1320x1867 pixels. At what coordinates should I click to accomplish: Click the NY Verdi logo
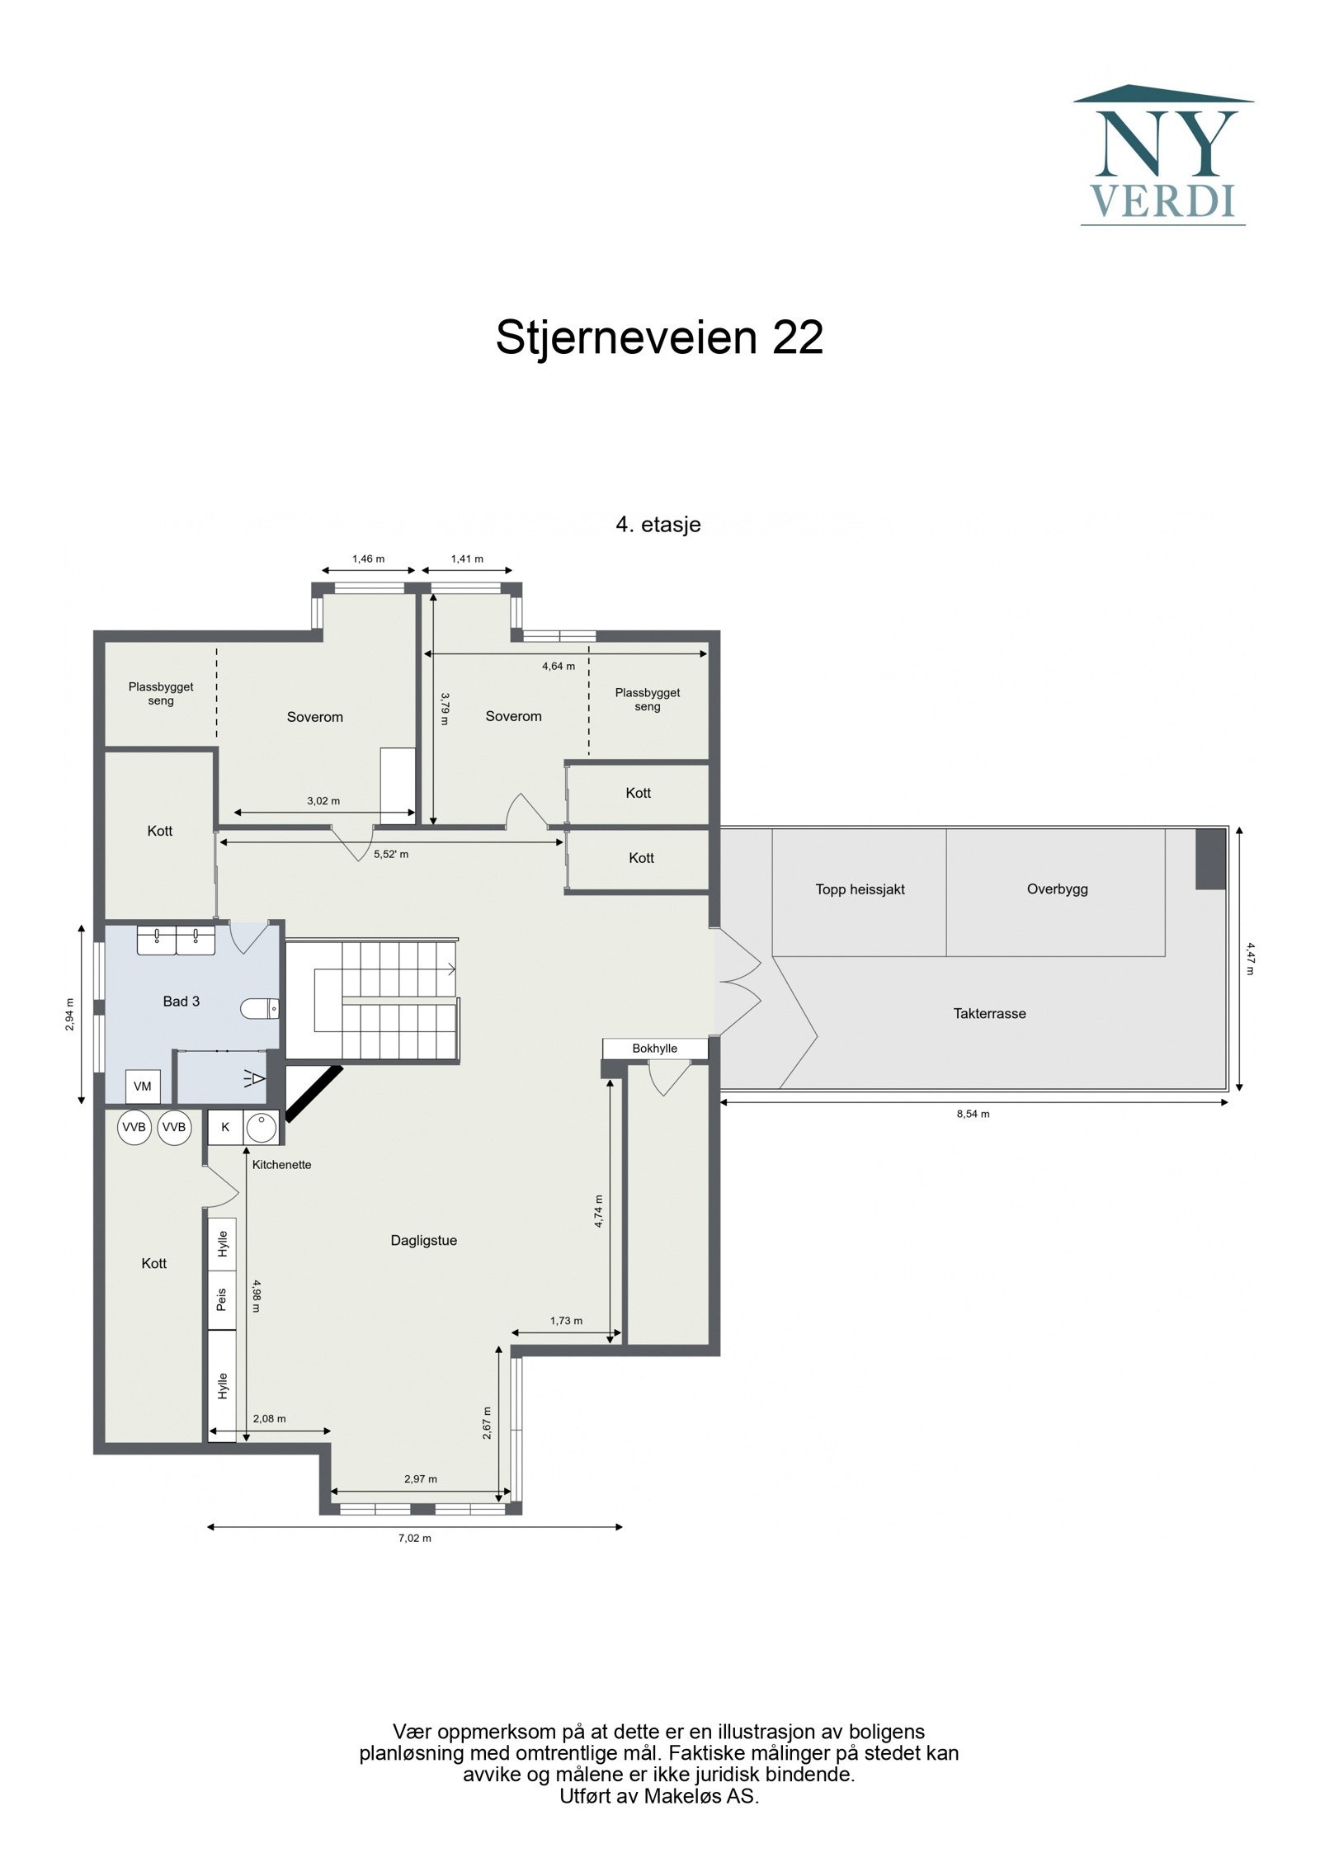1162,156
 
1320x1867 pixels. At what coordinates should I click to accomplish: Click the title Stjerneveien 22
659,337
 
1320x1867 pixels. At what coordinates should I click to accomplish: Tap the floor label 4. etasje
658,525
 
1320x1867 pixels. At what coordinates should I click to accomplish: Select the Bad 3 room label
181,1002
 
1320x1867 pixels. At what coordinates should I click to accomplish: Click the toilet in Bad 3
260,1007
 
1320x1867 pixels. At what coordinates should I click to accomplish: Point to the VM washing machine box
142,1087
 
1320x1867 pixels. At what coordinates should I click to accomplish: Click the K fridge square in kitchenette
225,1127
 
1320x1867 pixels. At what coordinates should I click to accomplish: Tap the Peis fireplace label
221,1300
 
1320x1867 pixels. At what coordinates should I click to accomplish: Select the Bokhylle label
654,1049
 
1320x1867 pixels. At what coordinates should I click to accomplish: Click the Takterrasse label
989,1014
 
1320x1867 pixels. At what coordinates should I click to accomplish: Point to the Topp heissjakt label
860,889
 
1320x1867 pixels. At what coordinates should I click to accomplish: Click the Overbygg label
1057,889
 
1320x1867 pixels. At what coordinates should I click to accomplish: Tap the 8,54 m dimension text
973,1114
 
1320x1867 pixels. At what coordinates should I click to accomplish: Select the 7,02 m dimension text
415,1538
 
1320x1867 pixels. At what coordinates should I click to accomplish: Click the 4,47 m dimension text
1249,958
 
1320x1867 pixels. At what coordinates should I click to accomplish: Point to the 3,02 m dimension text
323,800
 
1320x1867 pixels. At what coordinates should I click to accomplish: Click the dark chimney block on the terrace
1210,859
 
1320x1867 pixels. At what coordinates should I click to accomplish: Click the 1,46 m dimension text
368,559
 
